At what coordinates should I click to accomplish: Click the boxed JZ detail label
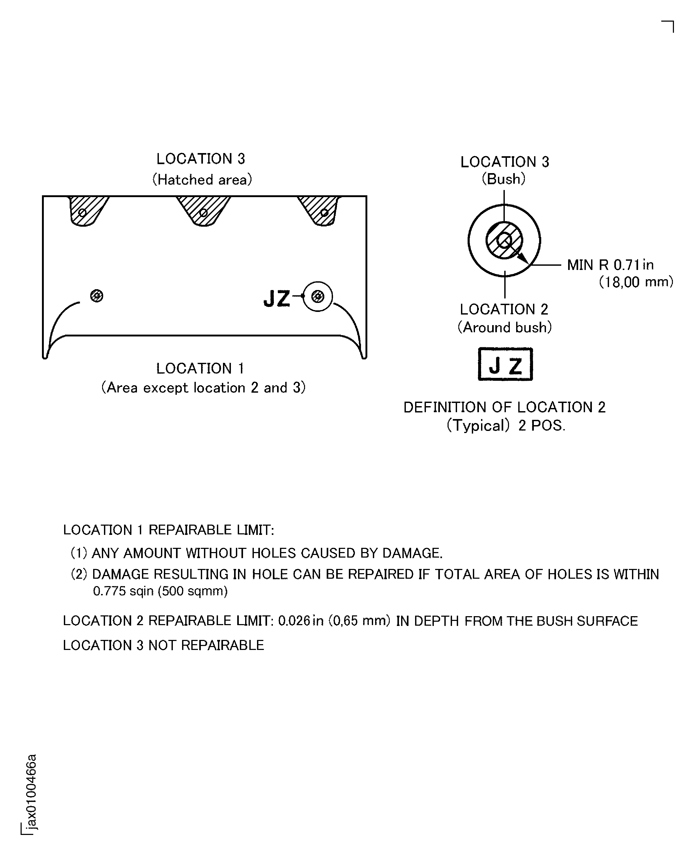[x=505, y=364]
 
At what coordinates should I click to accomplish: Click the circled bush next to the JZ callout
[x=318, y=297]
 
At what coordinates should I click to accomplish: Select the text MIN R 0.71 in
[x=610, y=265]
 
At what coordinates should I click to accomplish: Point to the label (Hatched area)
[x=202, y=179]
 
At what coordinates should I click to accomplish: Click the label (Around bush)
[x=505, y=327]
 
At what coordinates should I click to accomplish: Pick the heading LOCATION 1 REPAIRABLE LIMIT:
[x=168, y=530]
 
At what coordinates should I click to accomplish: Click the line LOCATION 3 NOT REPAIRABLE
[x=164, y=645]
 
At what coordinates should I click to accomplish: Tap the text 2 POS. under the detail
[x=542, y=425]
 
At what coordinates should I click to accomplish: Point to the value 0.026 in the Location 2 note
[x=294, y=621]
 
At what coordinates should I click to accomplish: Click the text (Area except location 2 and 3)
[x=203, y=388]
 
